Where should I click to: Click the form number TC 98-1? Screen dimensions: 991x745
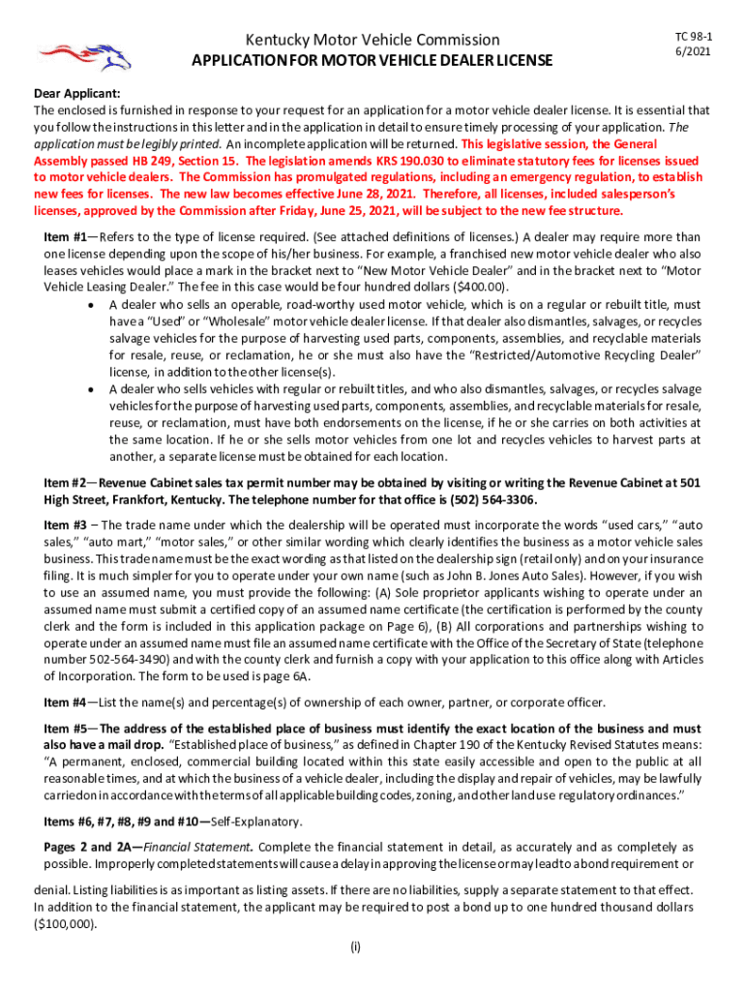coord(689,35)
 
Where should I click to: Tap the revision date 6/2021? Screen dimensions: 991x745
coord(689,50)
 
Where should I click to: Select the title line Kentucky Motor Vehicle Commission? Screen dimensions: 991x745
coord(372,40)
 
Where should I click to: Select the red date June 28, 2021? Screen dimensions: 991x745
coord(371,194)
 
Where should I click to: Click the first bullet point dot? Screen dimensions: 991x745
coord(90,305)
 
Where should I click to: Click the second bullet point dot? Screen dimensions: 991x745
coord(90,388)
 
